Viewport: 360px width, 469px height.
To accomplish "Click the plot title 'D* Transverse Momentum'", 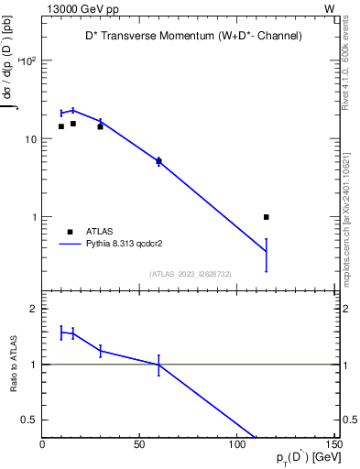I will point(188,36).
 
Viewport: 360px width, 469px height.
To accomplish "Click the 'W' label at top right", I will point(329,7).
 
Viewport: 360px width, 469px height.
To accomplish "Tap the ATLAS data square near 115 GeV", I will point(267,217).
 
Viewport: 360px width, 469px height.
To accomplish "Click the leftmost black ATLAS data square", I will point(61,126).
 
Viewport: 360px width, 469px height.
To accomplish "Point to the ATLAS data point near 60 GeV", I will point(158,161).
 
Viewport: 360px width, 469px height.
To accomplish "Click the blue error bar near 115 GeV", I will point(267,255).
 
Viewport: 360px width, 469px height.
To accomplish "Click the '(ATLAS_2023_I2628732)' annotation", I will point(190,273).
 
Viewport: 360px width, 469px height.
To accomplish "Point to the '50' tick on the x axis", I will point(139,444).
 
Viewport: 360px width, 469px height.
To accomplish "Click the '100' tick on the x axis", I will point(237,444).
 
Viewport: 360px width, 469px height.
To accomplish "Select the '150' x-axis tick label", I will point(333,444).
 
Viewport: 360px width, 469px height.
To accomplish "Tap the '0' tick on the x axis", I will point(42,444).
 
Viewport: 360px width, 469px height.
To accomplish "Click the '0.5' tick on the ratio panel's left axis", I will point(27,420).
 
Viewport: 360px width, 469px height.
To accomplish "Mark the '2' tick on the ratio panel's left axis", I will point(33,309).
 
